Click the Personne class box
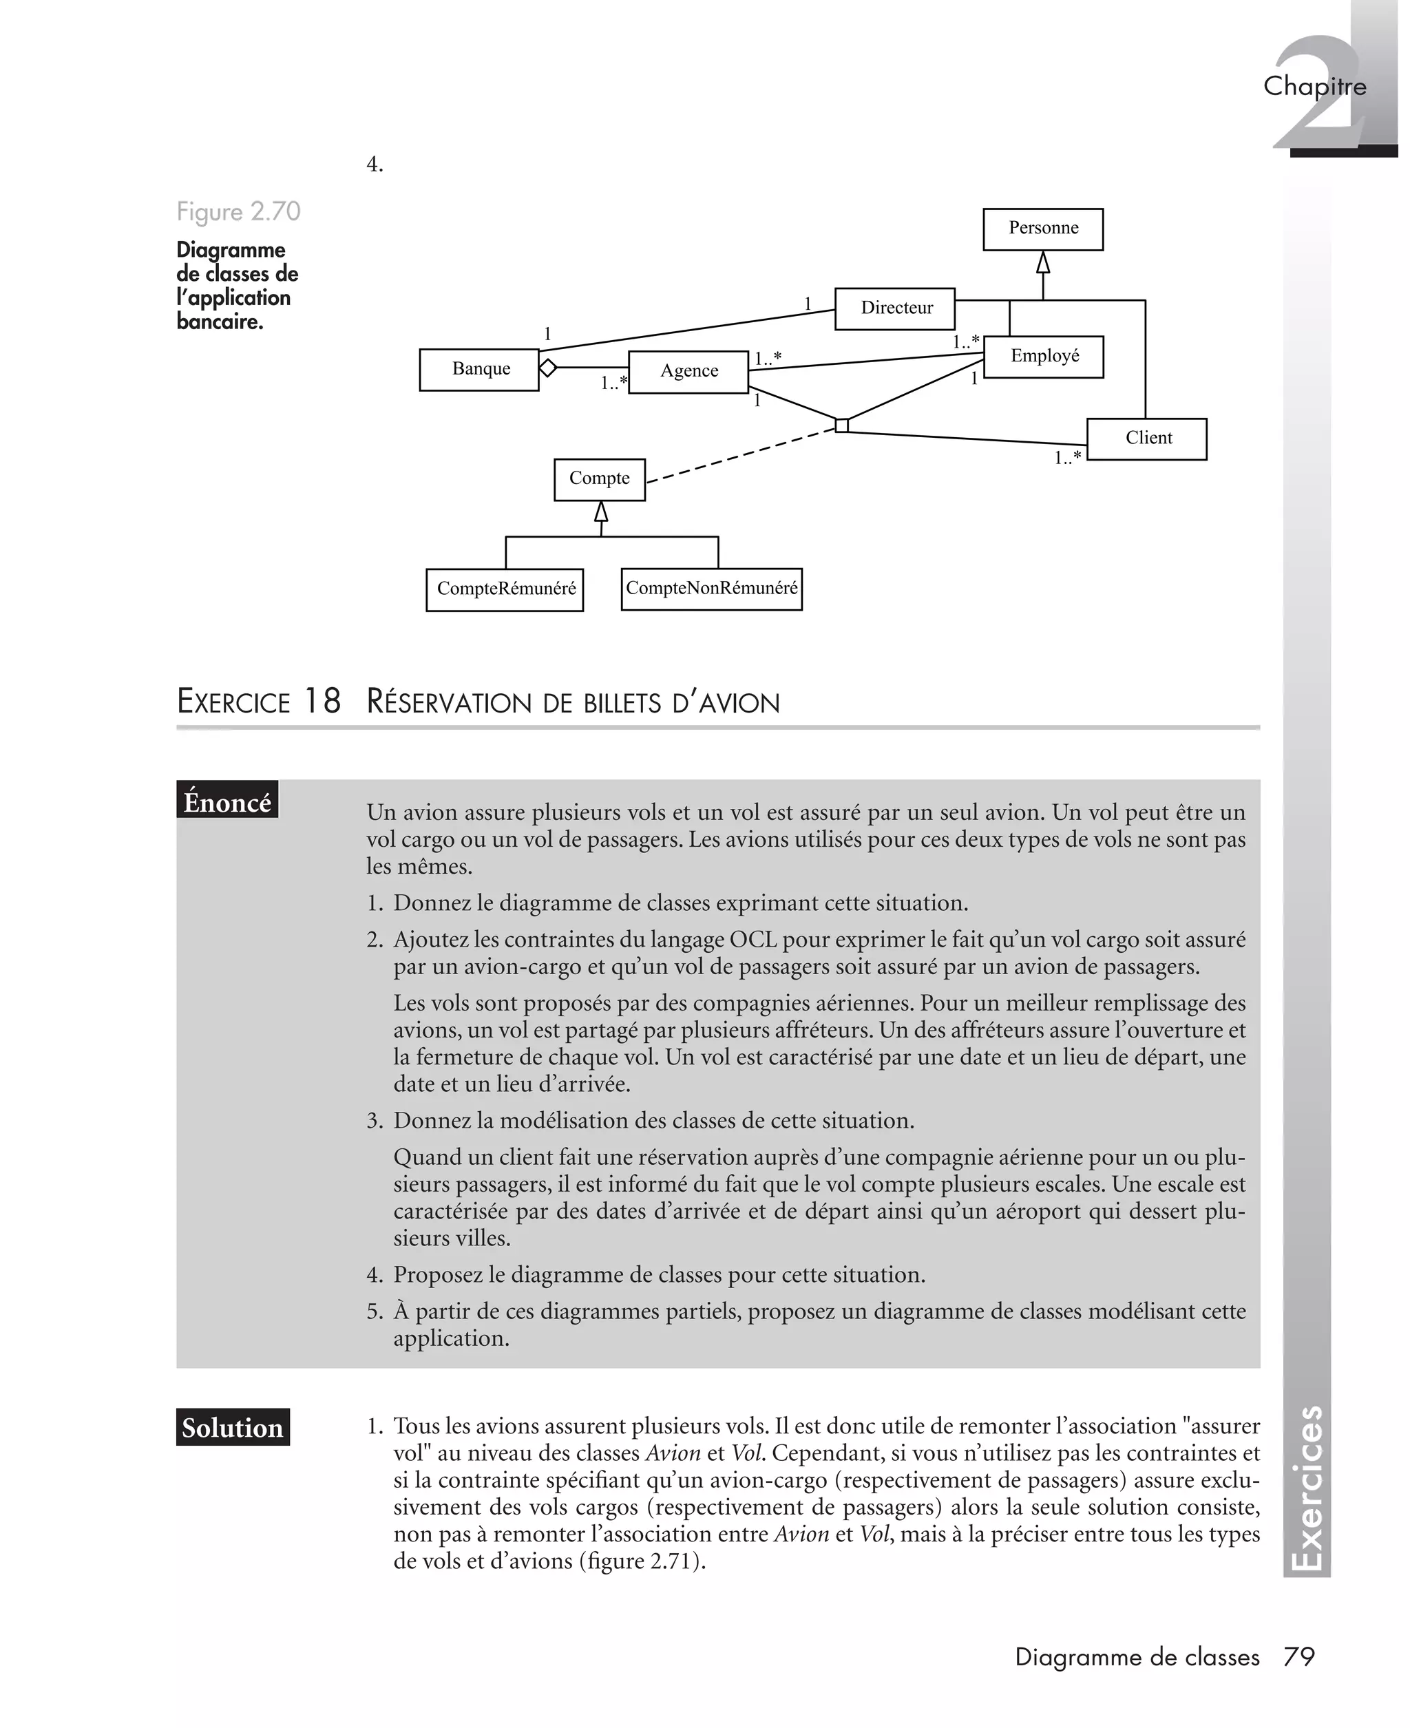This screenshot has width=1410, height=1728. point(1042,229)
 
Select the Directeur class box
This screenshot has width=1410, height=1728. point(894,308)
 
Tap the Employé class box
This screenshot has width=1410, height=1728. point(1043,357)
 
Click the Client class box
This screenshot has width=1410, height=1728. point(1146,439)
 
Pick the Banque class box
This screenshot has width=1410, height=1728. point(478,370)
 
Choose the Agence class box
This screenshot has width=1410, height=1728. point(688,372)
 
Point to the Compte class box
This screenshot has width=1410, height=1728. point(600,479)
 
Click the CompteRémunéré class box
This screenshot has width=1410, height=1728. point(505,589)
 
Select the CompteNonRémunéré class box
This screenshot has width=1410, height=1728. point(711,589)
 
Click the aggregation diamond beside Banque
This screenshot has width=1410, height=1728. point(547,368)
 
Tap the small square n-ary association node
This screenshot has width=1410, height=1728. point(841,425)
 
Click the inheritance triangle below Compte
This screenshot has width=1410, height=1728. point(601,512)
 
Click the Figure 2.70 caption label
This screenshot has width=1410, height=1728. point(238,212)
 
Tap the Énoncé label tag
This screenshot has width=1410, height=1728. point(227,801)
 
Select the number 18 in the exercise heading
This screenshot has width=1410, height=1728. point(322,702)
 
